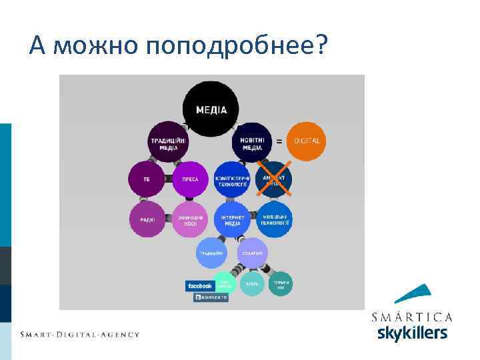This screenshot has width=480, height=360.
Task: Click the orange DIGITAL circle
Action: coord(307,141)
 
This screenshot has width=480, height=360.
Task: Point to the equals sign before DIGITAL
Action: coord(279,141)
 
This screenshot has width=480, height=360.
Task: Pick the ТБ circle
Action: coord(147,179)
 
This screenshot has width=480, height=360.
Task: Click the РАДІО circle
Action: coord(147,219)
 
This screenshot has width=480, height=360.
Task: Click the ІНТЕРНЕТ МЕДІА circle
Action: coord(232,219)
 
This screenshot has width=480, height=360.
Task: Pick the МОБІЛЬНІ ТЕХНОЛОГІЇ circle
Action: coord(274,219)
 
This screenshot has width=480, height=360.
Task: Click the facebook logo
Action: coord(200,286)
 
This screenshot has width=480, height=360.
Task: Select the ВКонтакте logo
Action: coord(211,297)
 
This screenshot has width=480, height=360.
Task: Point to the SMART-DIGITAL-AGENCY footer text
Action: coord(79,334)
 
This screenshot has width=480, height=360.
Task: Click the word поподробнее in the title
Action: coord(237,45)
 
